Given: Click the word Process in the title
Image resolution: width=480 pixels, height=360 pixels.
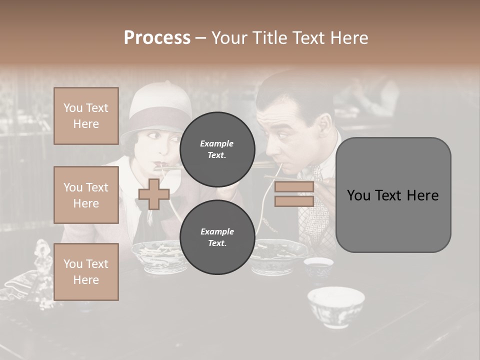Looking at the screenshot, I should coord(157,38).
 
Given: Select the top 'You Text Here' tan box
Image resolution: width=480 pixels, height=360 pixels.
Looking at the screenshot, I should coord(86,116).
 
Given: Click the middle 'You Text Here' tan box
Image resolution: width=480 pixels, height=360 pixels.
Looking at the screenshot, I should coord(86,195).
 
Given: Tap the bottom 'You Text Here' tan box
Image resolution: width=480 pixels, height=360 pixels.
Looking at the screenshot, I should coord(86,271).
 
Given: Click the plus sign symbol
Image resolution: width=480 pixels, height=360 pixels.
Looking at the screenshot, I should coord(153,194).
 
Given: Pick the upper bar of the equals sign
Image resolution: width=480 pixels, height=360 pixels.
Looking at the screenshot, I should coord(294,187).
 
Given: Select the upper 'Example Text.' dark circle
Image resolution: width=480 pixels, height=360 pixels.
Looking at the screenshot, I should coord(217,149).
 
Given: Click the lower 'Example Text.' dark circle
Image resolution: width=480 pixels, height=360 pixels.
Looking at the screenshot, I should coord(217,237).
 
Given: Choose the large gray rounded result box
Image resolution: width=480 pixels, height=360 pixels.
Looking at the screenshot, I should coord(393,195).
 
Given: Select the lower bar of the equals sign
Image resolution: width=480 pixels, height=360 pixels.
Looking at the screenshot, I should coord(294,201).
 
